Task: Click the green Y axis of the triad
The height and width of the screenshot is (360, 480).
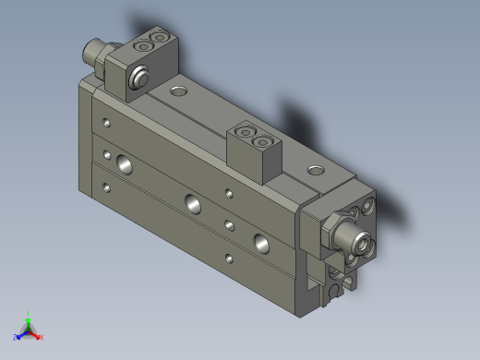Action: click(x=28, y=317)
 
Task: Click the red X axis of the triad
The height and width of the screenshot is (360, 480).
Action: click(x=38, y=336)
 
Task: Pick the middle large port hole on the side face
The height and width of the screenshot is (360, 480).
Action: click(x=193, y=204)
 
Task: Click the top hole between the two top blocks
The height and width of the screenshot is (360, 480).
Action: click(x=177, y=90)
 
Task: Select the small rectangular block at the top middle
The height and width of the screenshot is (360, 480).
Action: click(x=253, y=148)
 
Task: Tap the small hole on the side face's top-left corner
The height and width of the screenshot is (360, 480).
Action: click(x=109, y=122)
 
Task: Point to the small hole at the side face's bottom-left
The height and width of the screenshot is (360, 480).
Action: click(x=109, y=187)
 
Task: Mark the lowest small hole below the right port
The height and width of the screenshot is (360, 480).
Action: click(x=228, y=258)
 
